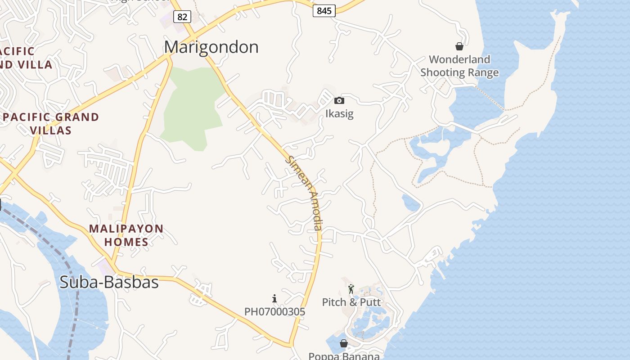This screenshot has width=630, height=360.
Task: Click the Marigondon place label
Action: coord(211,47)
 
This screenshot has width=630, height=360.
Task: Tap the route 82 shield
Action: coord(182,17)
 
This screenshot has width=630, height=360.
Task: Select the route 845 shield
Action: coord(324,11)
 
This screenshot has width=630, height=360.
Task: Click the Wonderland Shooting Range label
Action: coord(459,66)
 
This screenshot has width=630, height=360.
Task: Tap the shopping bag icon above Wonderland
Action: coord(459,46)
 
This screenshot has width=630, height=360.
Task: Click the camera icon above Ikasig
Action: coord(339,101)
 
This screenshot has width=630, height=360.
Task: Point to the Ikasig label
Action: coord(339,114)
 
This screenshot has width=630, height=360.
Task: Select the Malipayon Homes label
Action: coord(126,235)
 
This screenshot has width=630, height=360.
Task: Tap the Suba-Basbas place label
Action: coord(109,282)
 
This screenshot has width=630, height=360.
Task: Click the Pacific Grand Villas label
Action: coord(50,124)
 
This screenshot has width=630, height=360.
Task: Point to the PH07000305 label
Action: coord(274,311)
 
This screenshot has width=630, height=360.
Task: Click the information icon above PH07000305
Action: coord(274,298)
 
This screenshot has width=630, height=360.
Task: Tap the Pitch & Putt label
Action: coord(351,302)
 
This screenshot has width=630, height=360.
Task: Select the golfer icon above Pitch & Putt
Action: coord(351,289)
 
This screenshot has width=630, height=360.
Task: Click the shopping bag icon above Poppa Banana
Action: coord(344,344)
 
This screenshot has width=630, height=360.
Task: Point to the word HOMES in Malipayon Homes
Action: coord(126,242)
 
